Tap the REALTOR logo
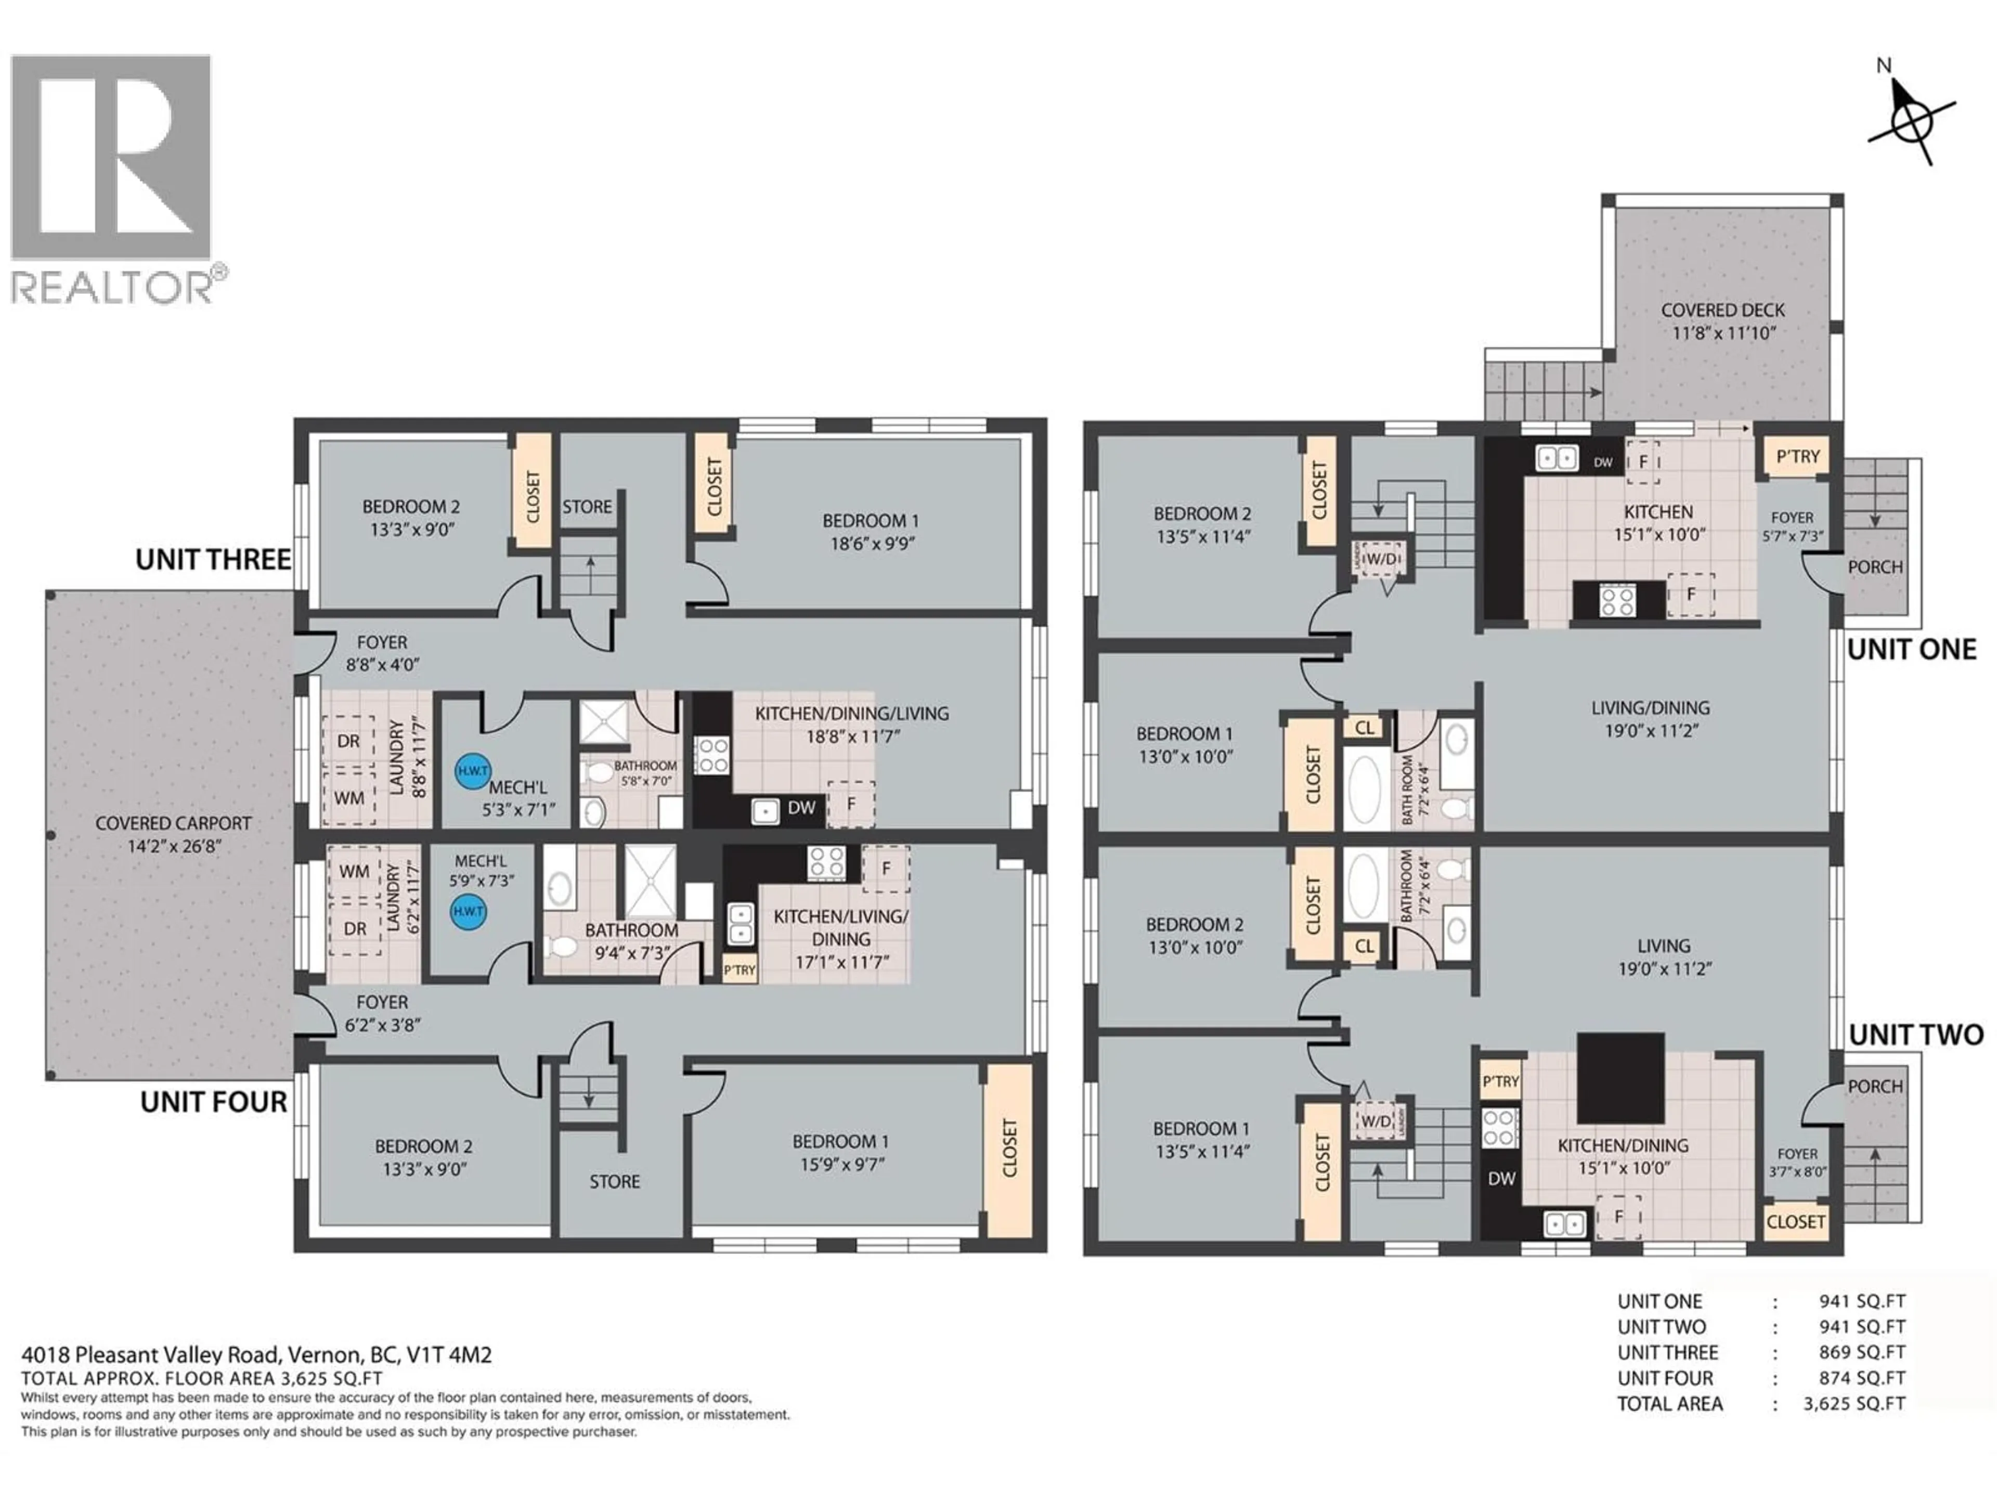click(111, 178)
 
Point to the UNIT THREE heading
click(213, 560)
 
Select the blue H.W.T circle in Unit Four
click(469, 911)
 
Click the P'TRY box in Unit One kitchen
click(1797, 457)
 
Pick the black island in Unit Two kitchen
click(1620, 1076)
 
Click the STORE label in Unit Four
click(615, 1181)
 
